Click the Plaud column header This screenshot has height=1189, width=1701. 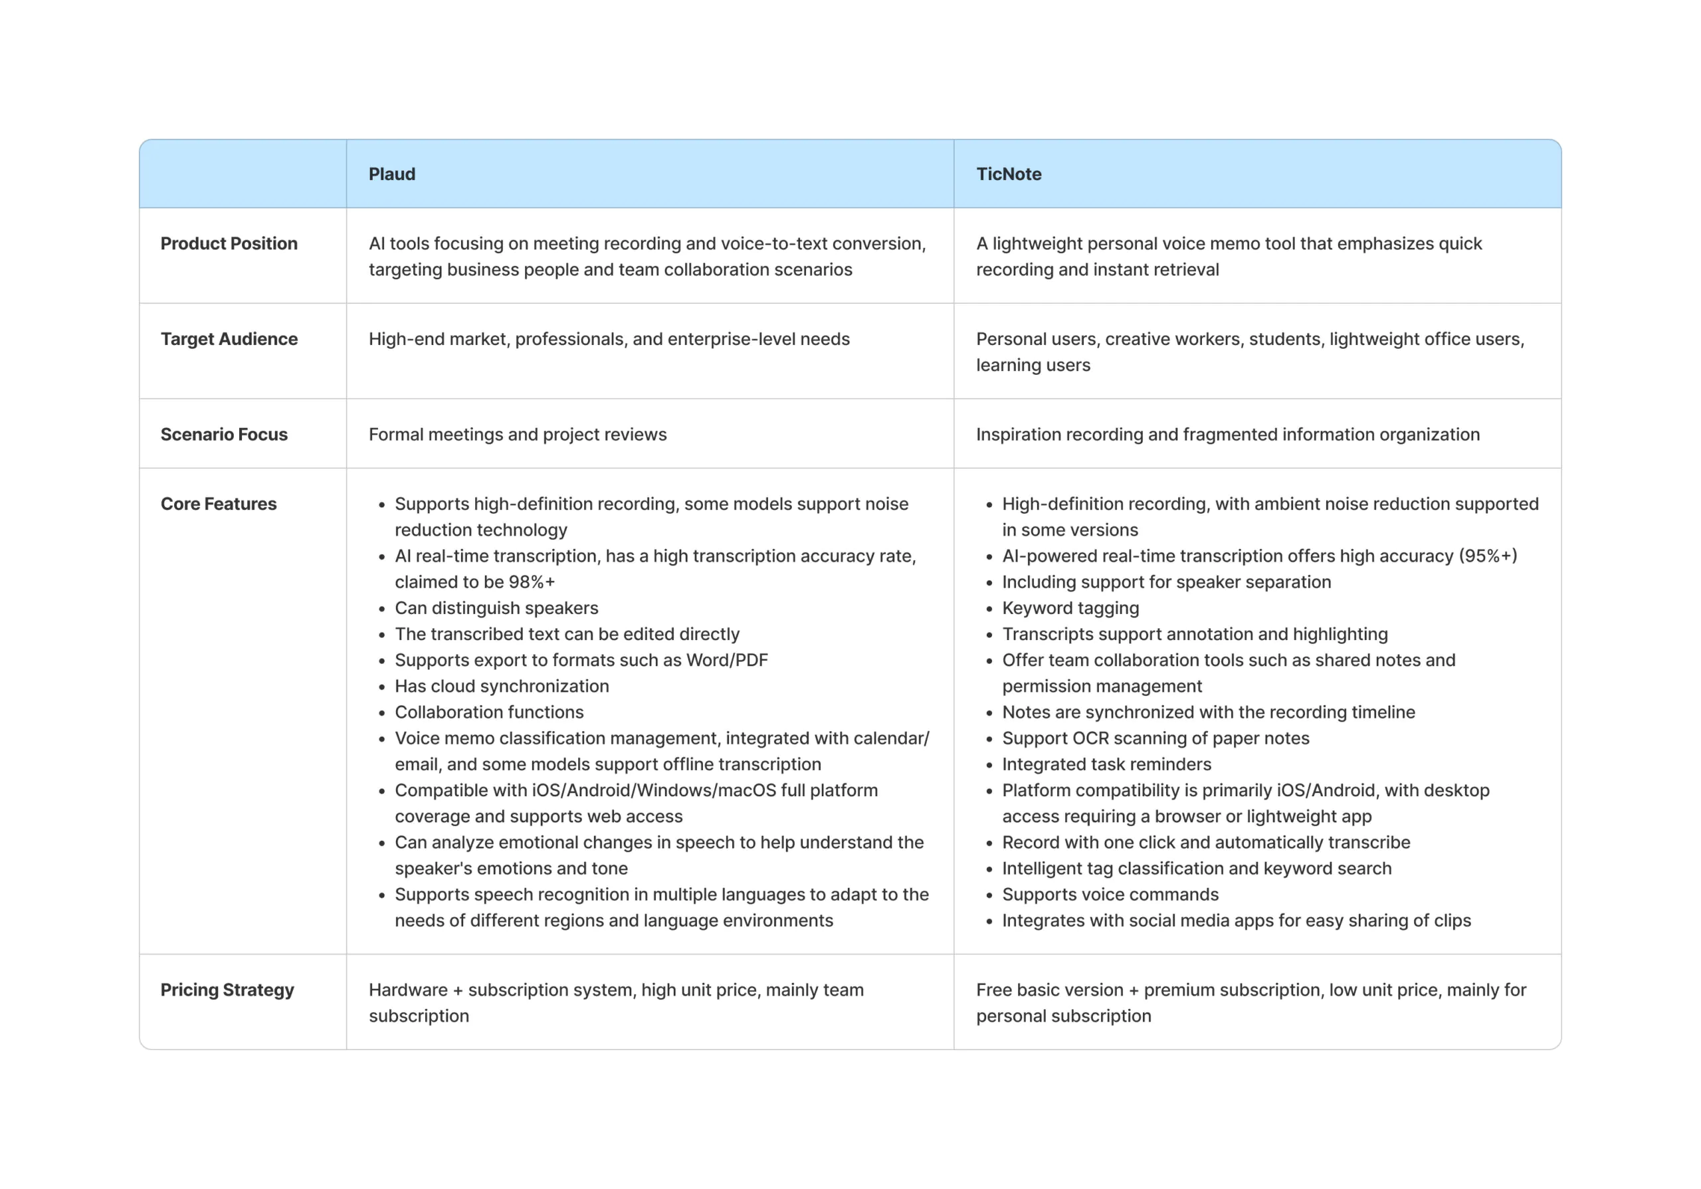click(392, 174)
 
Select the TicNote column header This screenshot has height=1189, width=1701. click(1008, 174)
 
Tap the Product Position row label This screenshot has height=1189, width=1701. click(229, 244)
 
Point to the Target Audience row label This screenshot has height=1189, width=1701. click(229, 340)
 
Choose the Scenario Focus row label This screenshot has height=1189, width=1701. click(224, 435)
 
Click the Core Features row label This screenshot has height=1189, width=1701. click(219, 504)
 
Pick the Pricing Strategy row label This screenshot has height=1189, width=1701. click(227, 990)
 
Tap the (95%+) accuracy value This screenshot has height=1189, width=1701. click(1488, 556)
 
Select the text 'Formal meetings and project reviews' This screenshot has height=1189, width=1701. click(518, 435)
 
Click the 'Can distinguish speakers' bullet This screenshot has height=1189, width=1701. click(496, 608)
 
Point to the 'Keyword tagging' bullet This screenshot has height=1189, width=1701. click(1070, 608)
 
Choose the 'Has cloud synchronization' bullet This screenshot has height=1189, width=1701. click(502, 687)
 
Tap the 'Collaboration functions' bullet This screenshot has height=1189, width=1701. click(489, 712)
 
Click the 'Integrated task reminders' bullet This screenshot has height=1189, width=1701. click(1107, 764)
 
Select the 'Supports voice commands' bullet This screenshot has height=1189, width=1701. click(1110, 895)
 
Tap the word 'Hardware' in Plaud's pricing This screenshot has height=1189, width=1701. click(408, 990)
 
